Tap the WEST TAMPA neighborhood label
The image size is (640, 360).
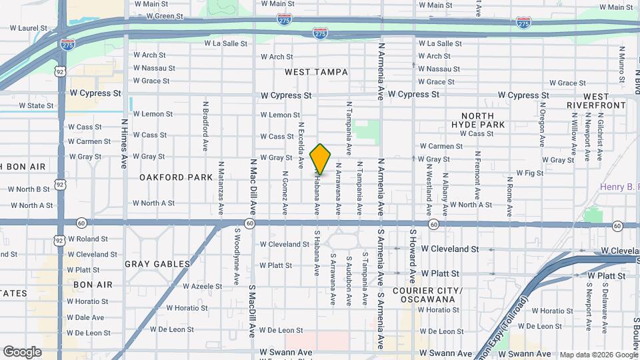(x=313, y=71)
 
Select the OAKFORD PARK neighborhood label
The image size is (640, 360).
(x=166, y=177)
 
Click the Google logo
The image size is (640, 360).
(x=22, y=351)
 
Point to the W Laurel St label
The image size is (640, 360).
(x=29, y=29)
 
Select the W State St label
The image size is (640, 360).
(x=35, y=105)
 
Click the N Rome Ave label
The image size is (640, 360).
(x=509, y=193)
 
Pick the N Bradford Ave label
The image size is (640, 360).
(x=205, y=117)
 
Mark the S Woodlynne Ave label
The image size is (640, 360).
(x=237, y=257)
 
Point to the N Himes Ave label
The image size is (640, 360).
(x=125, y=143)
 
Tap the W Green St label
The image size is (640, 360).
(x=159, y=16)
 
